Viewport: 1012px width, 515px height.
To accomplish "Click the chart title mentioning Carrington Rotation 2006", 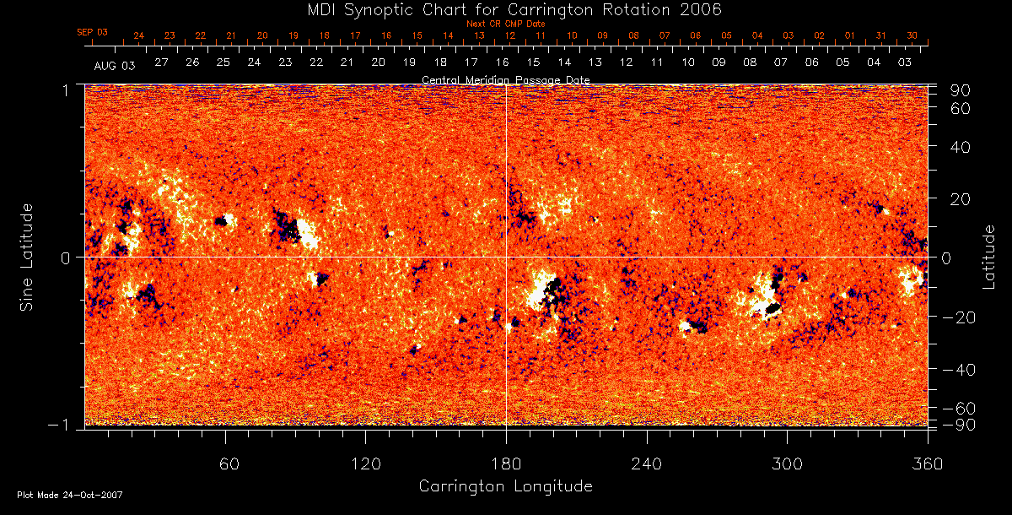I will click(506, 9).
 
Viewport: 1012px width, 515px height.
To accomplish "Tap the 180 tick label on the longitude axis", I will click(506, 464).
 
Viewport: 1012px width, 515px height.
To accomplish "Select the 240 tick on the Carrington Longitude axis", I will click(647, 464).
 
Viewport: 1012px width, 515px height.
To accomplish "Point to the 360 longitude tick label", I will click(928, 464).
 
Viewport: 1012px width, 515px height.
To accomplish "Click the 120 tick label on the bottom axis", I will click(365, 464).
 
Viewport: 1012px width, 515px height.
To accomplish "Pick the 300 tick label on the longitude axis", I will click(787, 464).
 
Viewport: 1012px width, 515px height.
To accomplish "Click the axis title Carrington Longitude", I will click(505, 486).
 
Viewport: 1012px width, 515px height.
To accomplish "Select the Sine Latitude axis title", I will click(27, 256).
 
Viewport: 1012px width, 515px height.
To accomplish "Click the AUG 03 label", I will click(115, 65).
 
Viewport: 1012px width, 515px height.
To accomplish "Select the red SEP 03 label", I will click(93, 32).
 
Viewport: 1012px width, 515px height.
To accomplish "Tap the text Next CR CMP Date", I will click(505, 24).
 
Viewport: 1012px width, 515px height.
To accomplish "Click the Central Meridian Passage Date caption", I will click(505, 80).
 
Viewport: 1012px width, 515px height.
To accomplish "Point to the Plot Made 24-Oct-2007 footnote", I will click(70, 495).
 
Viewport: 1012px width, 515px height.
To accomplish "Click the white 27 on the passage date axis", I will click(161, 62).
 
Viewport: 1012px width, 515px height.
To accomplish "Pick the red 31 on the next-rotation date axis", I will click(880, 35).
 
